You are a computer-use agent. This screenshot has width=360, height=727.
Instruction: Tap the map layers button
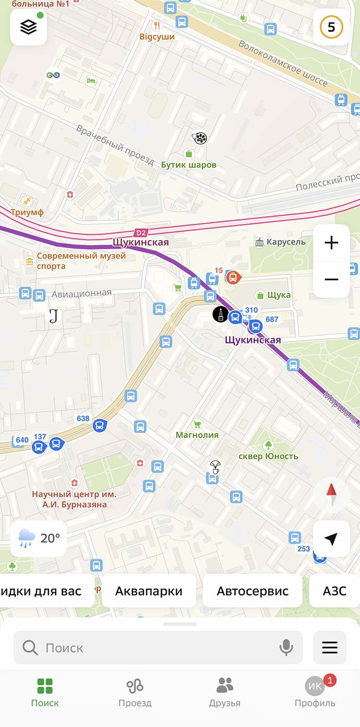(28, 27)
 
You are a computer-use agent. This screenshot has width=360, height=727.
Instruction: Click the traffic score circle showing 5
(331, 27)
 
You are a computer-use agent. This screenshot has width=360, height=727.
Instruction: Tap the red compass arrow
(331, 495)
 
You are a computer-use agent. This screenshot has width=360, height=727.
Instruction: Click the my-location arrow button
(331, 539)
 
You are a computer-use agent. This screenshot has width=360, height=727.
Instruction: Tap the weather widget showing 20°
(38, 538)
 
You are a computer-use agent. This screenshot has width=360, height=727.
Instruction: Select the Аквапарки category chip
(148, 591)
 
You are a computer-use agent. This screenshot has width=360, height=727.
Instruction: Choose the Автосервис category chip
(252, 591)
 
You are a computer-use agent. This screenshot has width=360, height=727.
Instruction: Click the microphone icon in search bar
(286, 648)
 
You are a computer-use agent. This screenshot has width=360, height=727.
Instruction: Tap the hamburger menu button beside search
(330, 648)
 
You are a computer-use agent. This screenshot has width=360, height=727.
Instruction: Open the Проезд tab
(135, 692)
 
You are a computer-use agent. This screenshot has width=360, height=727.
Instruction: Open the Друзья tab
(224, 692)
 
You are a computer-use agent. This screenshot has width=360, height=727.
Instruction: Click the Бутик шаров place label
(189, 165)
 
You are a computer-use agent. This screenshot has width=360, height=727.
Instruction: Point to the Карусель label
(286, 242)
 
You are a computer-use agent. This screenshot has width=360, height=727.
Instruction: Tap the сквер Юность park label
(268, 456)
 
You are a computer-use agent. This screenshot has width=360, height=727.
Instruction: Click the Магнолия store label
(197, 435)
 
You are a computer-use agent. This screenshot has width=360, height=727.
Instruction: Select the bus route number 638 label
(83, 418)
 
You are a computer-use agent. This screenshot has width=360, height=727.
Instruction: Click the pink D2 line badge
(141, 233)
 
